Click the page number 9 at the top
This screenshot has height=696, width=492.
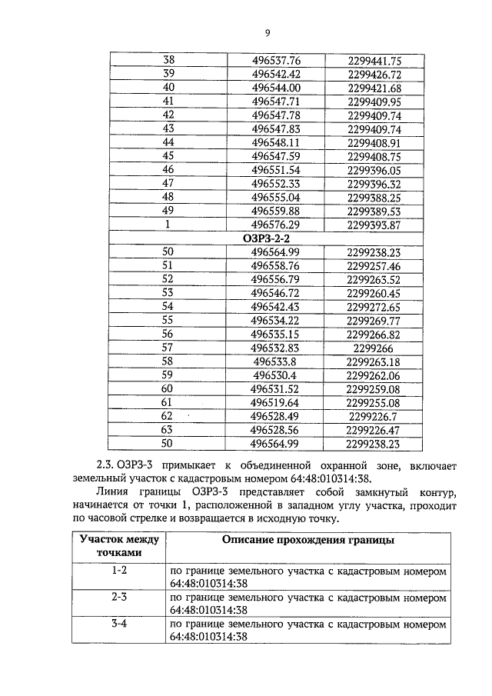click(267, 32)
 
